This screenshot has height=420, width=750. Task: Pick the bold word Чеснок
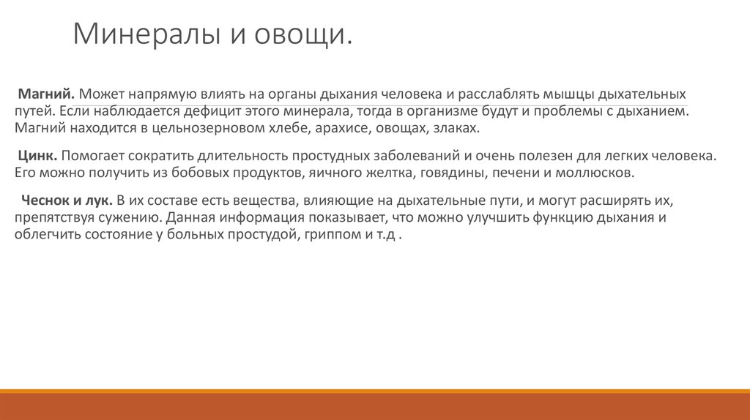pyautogui.click(x=46, y=200)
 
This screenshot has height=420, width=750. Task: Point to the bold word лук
pyautogui.click(x=99, y=200)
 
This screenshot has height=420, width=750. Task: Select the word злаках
pyautogui.click(x=456, y=129)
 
